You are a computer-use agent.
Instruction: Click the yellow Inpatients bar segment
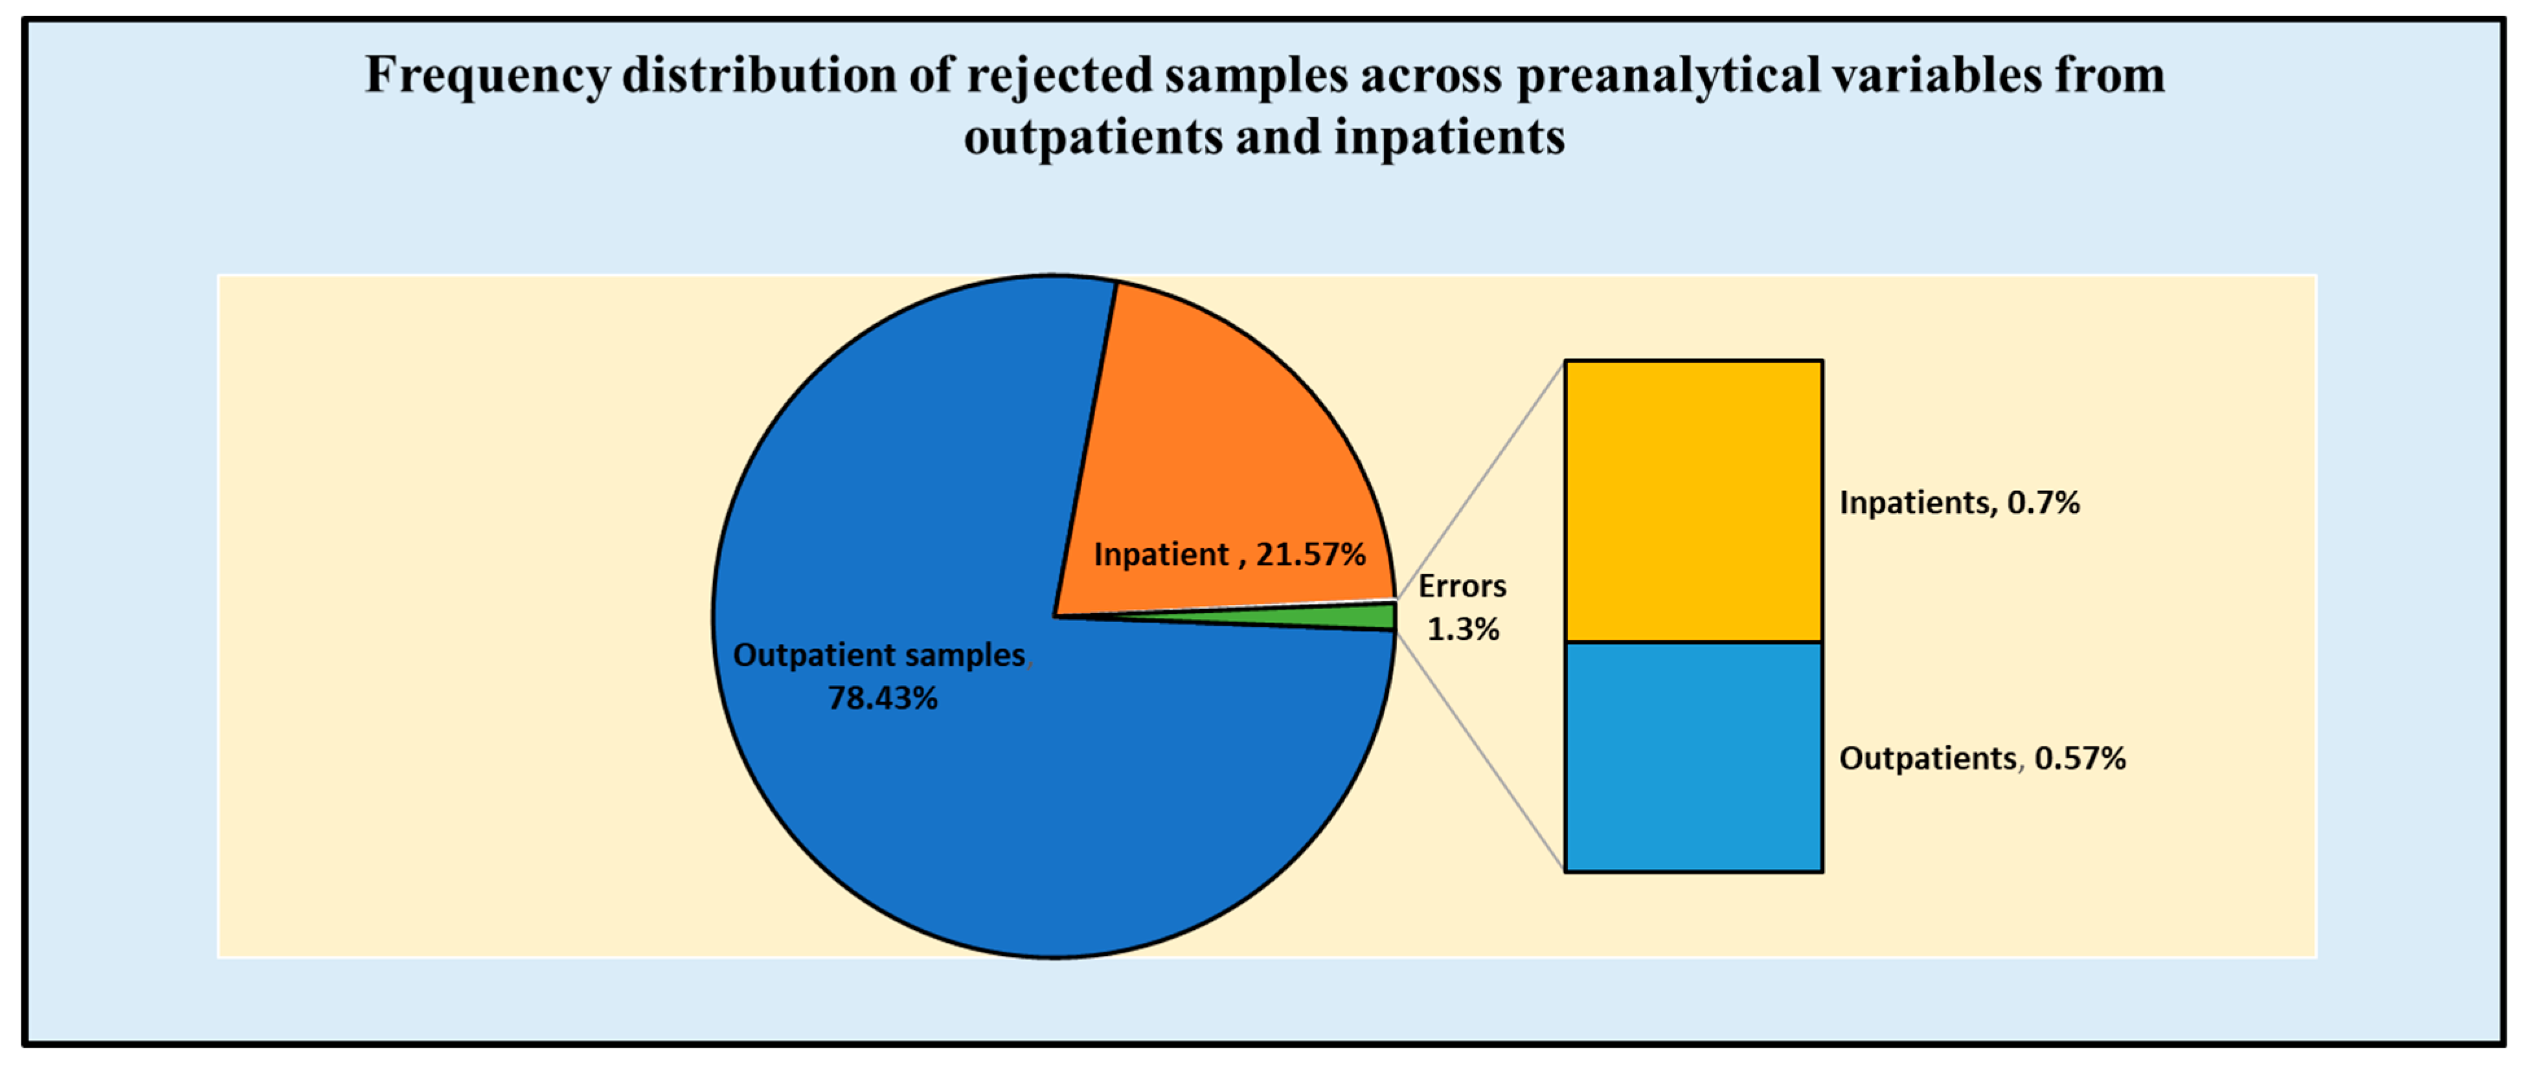pyautogui.click(x=1693, y=500)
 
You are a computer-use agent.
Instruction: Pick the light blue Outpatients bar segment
pyautogui.click(x=1693, y=756)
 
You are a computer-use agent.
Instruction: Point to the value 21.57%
pyautogui.click(x=1311, y=555)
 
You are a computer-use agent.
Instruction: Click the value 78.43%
pyautogui.click(x=882, y=698)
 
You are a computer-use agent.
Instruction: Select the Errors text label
pyautogui.click(x=1462, y=586)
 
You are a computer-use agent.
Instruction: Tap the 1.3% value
pyautogui.click(x=1462, y=629)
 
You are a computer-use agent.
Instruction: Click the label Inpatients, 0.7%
pyautogui.click(x=1958, y=503)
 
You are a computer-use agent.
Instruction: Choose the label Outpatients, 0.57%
pyautogui.click(x=1982, y=758)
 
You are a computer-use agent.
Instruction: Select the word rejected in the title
pyautogui.click(x=1059, y=76)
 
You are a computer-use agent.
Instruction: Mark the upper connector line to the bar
pyautogui.click(x=1480, y=480)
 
